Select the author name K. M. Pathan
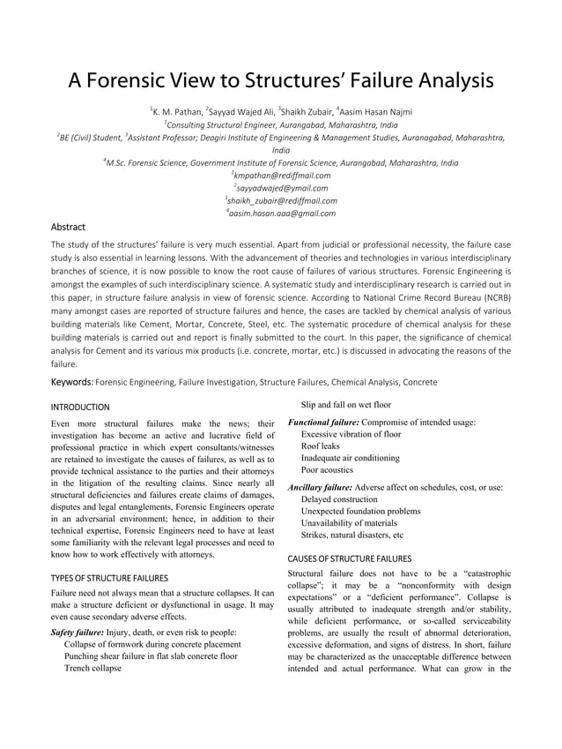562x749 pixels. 176,112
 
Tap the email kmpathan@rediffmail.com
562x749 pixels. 282,176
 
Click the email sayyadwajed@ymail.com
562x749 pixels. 282,188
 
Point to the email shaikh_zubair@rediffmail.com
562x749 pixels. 282,200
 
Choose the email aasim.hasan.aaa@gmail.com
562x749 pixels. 282,213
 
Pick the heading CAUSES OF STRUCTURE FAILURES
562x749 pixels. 349,558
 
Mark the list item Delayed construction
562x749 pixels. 339,499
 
